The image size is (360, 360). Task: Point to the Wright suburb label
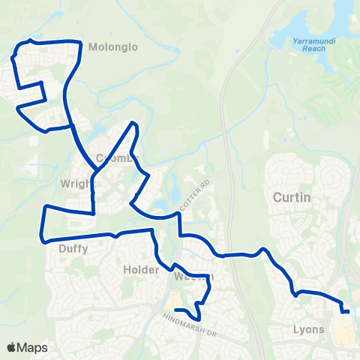(x=77, y=182)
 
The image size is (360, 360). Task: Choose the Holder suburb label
(x=137, y=268)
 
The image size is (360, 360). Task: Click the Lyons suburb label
(x=309, y=329)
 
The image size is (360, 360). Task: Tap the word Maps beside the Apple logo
(x=33, y=347)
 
